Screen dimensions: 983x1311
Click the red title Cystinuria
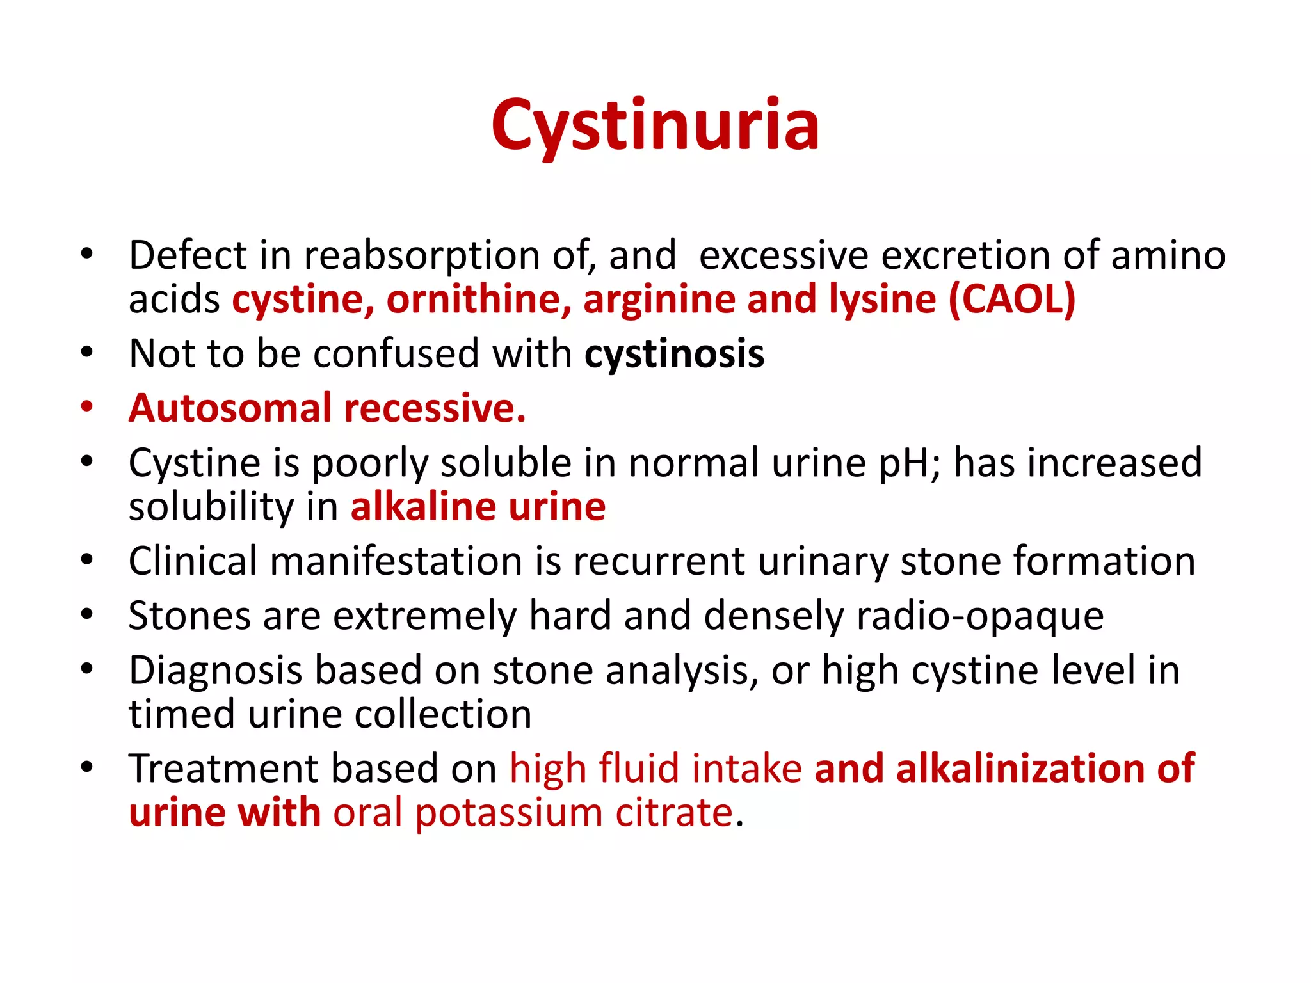pos(655,126)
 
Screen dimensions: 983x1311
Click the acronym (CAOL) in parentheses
pos(1012,300)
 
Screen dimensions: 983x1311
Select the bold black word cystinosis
pos(674,354)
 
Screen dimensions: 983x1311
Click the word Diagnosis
pos(215,671)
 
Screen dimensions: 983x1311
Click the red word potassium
pos(509,813)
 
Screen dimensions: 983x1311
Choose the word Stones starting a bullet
pos(189,616)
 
